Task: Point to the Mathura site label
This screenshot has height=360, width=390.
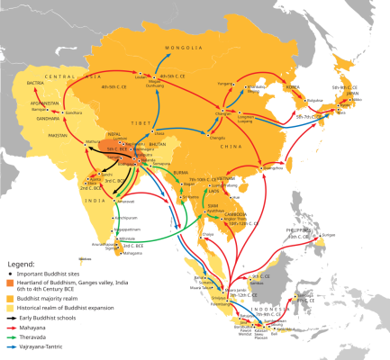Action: tap(94, 141)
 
